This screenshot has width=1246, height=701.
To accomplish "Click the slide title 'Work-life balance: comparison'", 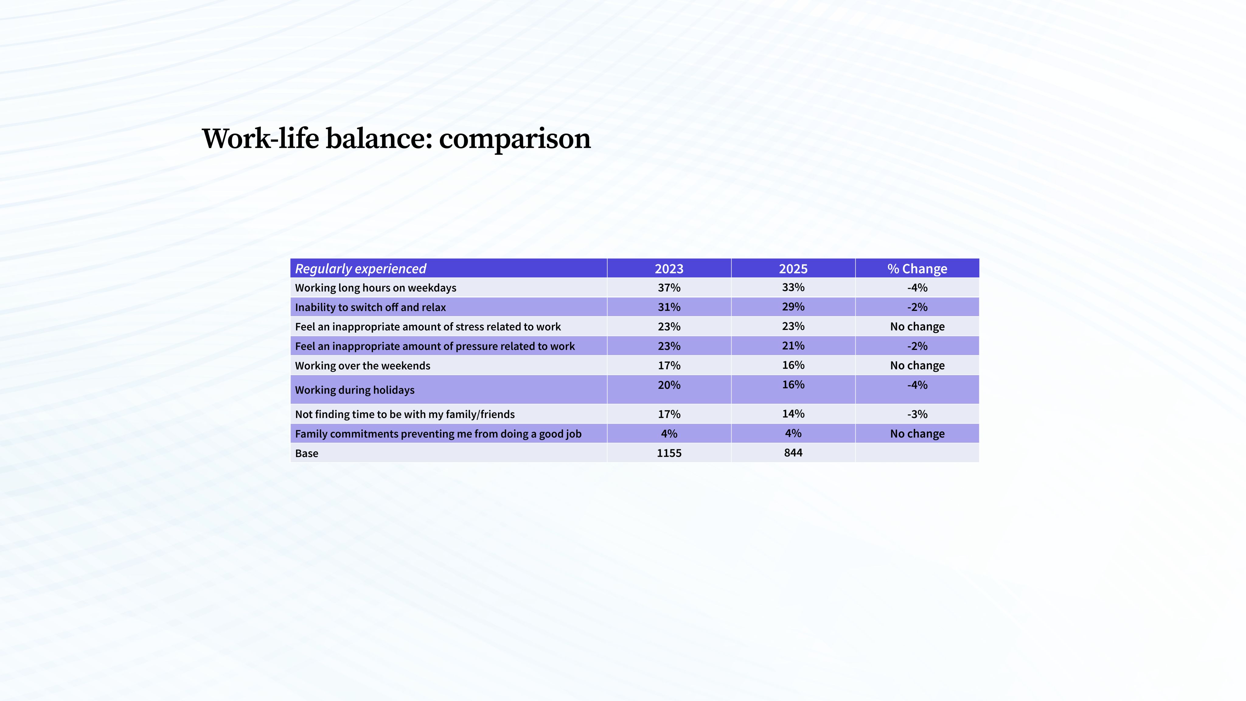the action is click(396, 139).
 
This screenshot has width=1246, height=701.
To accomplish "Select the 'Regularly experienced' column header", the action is click(360, 268).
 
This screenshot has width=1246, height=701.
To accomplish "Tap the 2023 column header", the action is click(669, 268).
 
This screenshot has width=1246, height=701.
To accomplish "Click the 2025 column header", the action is click(793, 268).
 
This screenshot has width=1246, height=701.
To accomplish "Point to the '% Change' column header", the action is click(917, 268).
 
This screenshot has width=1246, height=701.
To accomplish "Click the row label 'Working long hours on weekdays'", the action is click(375, 288).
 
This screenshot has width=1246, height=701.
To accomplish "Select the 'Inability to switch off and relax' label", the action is click(371, 307).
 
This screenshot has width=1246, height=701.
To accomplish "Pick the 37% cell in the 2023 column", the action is click(669, 288).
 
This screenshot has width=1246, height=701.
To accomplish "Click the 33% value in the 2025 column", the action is click(793, 287).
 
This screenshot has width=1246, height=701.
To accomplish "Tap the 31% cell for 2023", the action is click(669, 307).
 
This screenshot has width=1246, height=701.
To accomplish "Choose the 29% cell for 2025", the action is click(793, 307).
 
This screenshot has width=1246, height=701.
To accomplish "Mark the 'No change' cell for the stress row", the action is click(917, 326).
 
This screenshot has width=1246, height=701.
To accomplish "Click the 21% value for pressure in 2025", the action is click(793, 346).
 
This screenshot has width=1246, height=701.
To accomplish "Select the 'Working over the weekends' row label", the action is click(362, 366).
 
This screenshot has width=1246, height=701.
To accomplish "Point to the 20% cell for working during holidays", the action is click(669, 385).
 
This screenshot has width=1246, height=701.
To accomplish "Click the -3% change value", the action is click(917, 414).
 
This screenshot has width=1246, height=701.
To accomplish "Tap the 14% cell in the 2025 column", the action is click(793, 414).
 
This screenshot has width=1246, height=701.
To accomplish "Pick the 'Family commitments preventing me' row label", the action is click(438, 434).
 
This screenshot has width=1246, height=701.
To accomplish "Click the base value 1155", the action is click(669, 453).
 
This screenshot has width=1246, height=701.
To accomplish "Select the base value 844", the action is click(793, 453).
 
